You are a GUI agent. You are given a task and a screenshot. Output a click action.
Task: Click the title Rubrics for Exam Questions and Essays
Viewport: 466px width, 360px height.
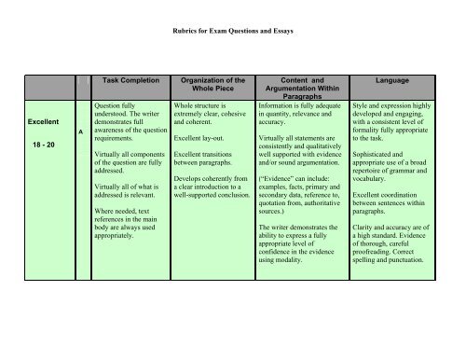(x=233, y=31)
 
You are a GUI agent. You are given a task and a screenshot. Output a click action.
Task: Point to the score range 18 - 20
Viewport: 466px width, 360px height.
(x=41, y=145)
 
